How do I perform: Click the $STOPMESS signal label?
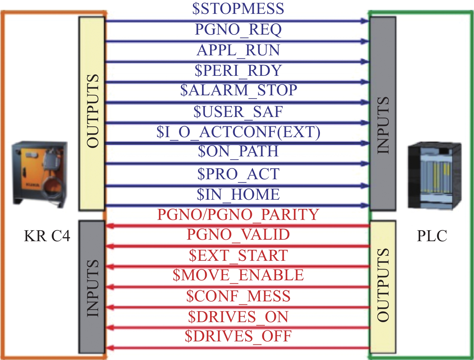[x=238, y=8]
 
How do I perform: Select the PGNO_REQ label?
[x=238, y=29]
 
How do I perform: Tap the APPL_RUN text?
[x=238, y=50]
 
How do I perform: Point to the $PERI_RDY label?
[x=238, y=70]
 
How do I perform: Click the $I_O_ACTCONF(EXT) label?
[x=238, y=132]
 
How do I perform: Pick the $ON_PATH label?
[x=238, y=151]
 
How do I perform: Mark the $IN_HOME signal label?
[x=238, y=194]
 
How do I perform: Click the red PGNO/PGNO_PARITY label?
[x=238, y=214]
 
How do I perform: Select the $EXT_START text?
[x=238, y=255]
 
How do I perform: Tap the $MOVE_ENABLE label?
[x=238, y=275]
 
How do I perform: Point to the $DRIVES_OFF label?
[x=238, y=336]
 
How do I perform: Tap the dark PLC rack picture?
[x=434, y=176]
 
